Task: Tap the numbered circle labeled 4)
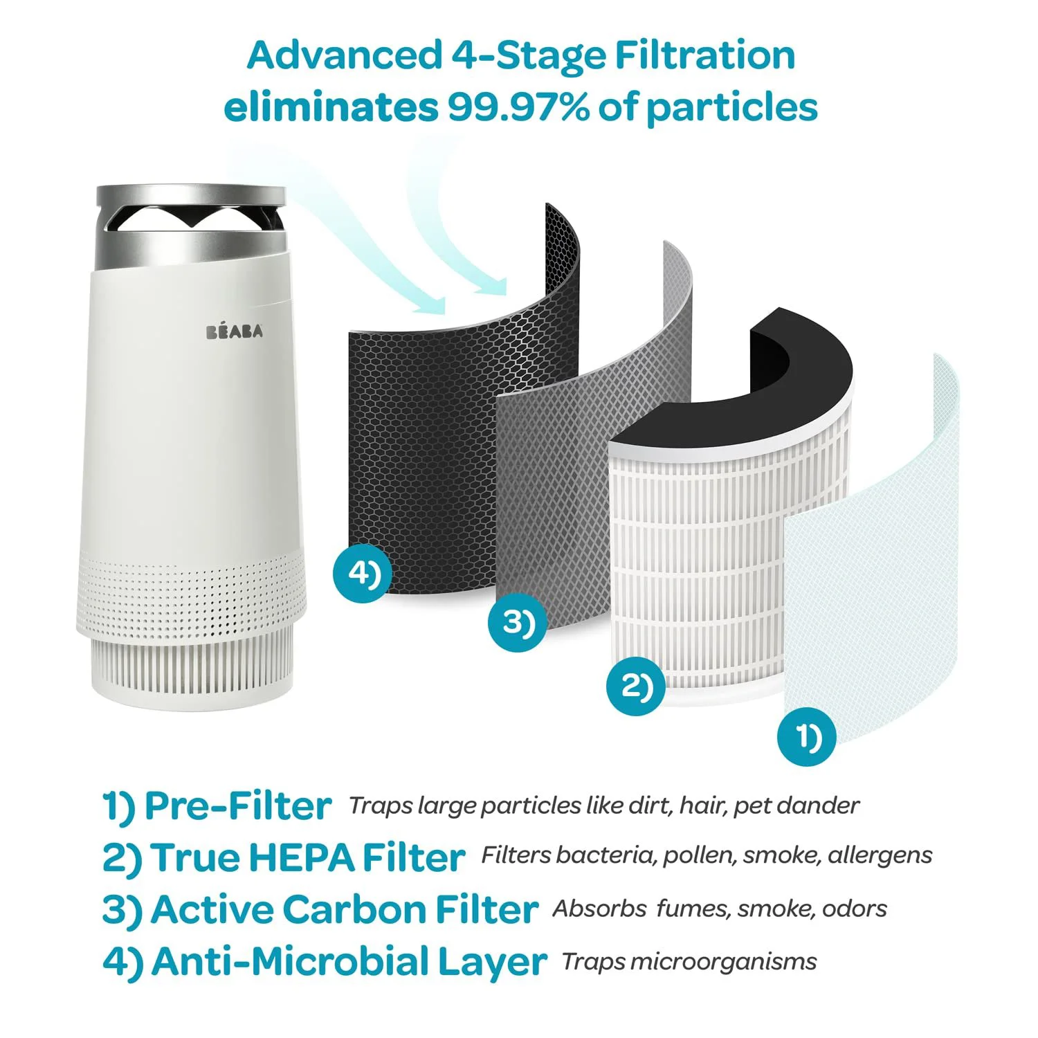(361, 574)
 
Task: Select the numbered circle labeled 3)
(517, 622)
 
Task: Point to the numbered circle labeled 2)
(635, 686)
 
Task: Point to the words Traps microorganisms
(689, 961)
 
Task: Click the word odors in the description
(855, 909)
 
